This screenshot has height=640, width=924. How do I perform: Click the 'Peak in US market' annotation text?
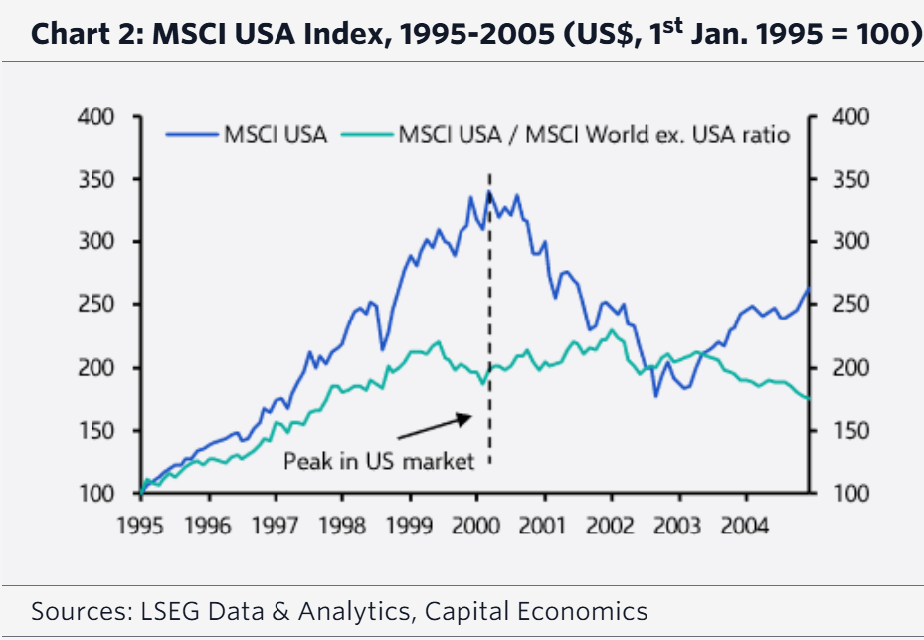point(379,462)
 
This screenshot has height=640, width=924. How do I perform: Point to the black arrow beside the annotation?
point(434,426)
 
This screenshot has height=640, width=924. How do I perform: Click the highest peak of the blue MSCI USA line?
point(488,191)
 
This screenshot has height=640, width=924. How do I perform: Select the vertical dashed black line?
point(489,319)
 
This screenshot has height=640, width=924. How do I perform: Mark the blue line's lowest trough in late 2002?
point(655,396)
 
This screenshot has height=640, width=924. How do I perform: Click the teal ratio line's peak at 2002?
point(611,330)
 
